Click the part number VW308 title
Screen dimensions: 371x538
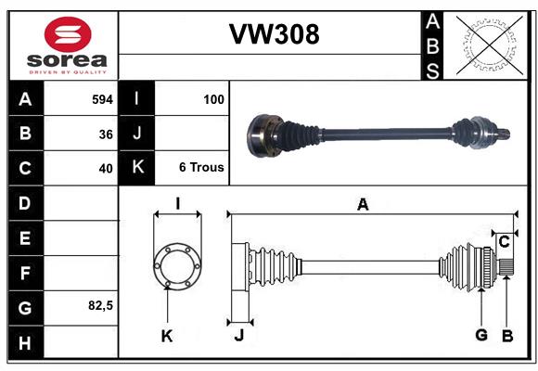274,34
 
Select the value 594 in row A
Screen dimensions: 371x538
102,98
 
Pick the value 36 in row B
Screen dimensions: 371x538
106,134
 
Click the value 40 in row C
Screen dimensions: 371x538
106,169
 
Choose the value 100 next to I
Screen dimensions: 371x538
213,98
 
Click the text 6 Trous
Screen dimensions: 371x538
201,168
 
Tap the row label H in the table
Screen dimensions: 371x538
24,344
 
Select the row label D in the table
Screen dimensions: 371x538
24,202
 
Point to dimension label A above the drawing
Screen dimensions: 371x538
364,205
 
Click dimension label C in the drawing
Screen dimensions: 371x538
504,242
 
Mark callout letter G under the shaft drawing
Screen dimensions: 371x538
481,335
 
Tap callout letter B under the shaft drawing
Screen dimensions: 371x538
506,335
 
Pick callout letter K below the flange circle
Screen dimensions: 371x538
167,336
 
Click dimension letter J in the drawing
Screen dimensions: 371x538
238,336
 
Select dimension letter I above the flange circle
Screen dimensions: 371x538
176,204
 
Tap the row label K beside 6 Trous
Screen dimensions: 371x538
137,168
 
